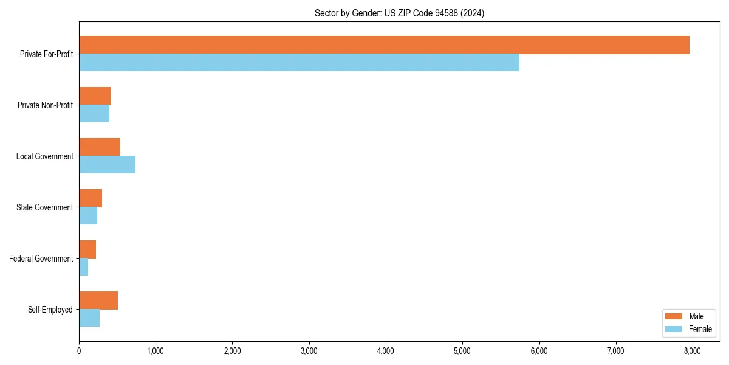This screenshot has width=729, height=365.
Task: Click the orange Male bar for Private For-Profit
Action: tap(384, 45)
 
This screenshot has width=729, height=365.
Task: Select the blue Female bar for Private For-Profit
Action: tap(299, 63)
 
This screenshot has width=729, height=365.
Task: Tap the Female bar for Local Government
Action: tap(107, 165)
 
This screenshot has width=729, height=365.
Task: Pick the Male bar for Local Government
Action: tap(100, 147)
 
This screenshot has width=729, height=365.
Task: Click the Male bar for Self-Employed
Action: tap(98, 301)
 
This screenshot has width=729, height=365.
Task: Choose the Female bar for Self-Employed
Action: tap(89, 318)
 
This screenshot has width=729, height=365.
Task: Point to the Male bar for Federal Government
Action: tap(87, 249)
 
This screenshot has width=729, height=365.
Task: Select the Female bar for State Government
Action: tap(88, 216)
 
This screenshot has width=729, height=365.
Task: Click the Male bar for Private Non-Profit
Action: tap(95, 96)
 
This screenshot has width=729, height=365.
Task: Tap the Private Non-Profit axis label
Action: tap(45, 105)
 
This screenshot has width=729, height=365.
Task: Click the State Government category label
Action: tap(44, 207)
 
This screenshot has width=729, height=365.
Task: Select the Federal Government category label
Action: tap(41, 259)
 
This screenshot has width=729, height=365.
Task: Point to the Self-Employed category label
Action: tap(50, 310)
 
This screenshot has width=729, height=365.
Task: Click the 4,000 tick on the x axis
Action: tap(386, 350)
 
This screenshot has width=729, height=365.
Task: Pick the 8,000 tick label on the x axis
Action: tap(693, 350)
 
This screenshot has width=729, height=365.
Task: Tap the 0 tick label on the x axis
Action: tap(79, 350)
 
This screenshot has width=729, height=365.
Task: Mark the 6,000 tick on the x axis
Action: tap(539, 350)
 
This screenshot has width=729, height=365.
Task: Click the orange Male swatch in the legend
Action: tap(674, 316)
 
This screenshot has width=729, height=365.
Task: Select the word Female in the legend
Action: tap(700, 329)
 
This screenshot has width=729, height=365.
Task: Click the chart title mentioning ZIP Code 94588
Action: tap(399, 13)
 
